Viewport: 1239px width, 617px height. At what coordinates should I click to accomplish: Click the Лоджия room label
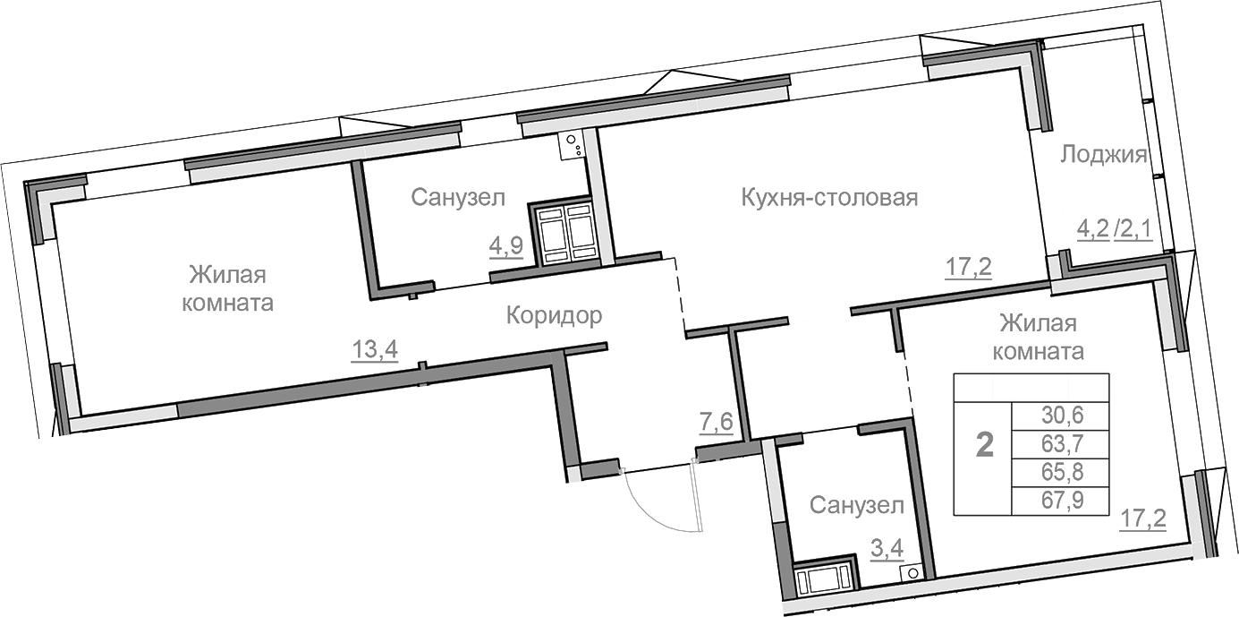(1103, 155)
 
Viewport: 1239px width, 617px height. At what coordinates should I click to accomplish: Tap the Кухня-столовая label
(829, 197)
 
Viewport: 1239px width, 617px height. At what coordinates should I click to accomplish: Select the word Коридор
(554, 315)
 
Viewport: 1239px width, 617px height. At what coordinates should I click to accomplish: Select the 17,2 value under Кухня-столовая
(969, 266)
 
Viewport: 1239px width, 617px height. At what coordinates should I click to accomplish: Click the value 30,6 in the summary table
(1060, 415)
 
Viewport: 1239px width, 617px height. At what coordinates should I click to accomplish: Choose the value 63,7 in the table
(1060, 443)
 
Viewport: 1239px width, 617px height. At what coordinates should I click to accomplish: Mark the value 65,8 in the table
(1060, 471)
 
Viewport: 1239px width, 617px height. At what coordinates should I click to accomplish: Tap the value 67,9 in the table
(1060, 500)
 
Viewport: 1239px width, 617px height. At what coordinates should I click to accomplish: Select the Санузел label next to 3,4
(856, 506)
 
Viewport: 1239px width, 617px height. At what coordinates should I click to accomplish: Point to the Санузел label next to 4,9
(458, 197)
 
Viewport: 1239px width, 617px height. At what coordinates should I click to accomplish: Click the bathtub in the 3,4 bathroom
(824, 579)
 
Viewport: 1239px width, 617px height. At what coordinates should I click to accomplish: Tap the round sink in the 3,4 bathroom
(912, 573)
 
